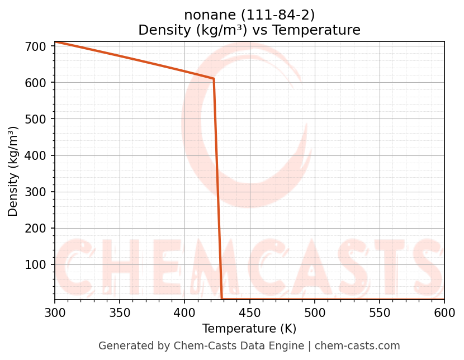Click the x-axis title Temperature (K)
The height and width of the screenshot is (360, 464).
click(249, 329)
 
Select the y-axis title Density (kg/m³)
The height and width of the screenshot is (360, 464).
click(13, 171)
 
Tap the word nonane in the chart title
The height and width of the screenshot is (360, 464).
click(205, 15)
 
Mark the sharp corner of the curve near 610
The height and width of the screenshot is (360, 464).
click(214, 79)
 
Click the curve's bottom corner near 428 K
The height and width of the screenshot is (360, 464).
click(222, 299)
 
